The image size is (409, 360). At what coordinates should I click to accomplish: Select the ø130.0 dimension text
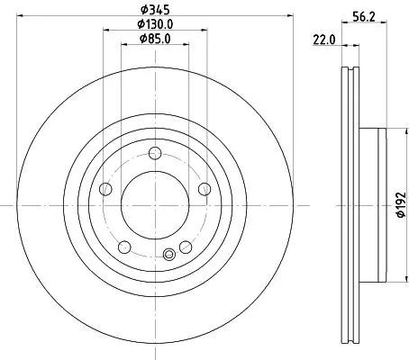tap(154, 23)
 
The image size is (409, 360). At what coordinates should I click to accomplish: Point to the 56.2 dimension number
tap(363, 15)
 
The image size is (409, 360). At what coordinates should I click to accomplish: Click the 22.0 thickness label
tap(323, 39)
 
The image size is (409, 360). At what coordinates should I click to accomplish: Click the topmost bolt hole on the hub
tap(154, 152)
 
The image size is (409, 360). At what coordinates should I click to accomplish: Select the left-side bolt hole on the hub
tap(105, 189)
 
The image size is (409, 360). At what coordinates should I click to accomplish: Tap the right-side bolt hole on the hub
tap(204, 188)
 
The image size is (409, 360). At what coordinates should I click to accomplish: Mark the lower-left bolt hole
tap(123, 247)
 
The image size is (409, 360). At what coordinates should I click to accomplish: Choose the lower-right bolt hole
tap(186, 247)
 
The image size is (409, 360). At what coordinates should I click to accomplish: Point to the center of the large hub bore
tap(154, 205)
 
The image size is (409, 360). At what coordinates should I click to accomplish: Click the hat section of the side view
tap(374, 205)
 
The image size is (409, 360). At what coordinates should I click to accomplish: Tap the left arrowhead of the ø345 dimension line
tap(20, 15)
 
